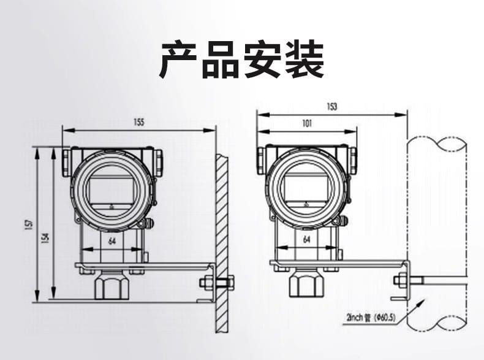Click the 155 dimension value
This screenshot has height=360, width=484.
pyautogui.click(x=138, y=123)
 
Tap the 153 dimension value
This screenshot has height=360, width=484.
pyautogui.click(x=332, y=106)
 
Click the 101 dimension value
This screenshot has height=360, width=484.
pyautogui.click(x=307, y=123)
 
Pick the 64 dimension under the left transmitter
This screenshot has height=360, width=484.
pyautogui.click(x=112, y=242)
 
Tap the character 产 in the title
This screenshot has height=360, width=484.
pyautogui.click(x=180, y=59)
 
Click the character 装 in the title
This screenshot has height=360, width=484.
pyautogui.click(x=303, y=59)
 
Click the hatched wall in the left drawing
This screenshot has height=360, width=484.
pyautogui.click(x=222, y=245)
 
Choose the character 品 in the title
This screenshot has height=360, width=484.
pyautogui.click(x=221, y=59)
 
